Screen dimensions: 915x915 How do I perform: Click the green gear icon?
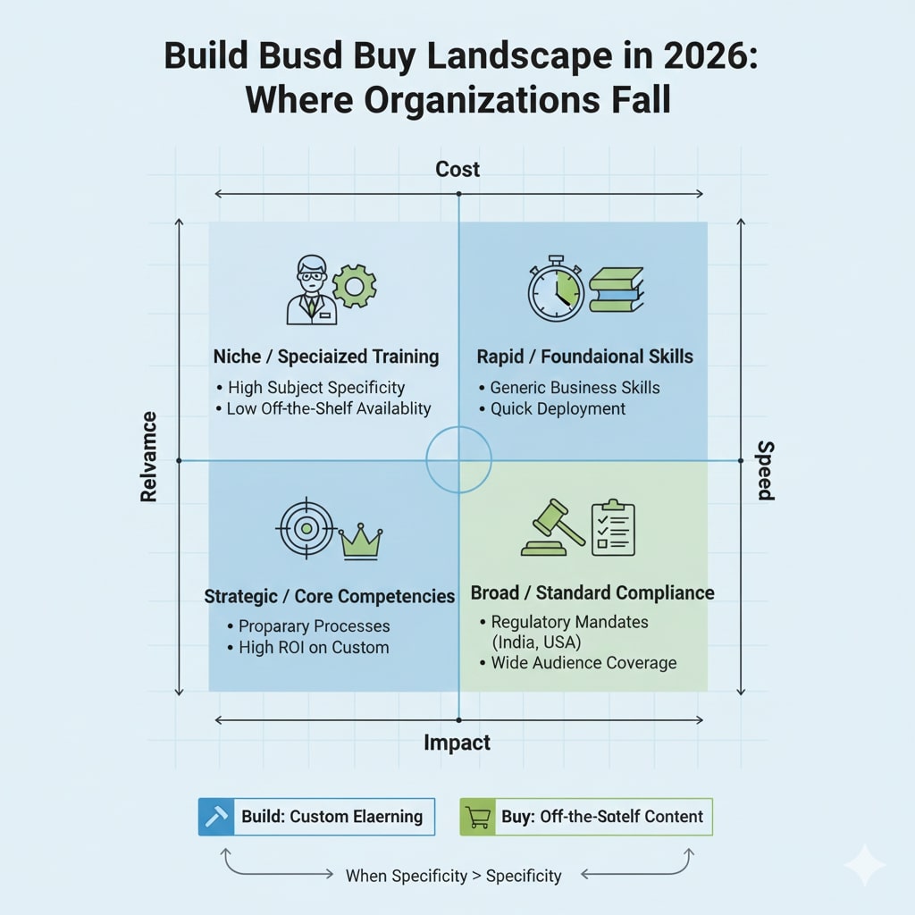(x=354, y=286)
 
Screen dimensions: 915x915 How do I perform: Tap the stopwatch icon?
(x=556, y=290)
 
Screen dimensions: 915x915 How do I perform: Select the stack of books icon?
(x=616, y=290)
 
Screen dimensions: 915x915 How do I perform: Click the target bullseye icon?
(x=306, y=528)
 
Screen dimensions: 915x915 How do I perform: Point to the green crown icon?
(x=360, y=541)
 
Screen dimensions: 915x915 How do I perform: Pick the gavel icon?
(x=551, y=528)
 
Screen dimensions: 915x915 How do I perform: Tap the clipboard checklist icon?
(x=613, y=527)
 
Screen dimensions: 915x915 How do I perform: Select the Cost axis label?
(x=457, y=169)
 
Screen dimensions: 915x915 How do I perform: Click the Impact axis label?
(x=457, y=743)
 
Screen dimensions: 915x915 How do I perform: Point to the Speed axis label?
(x=766, y=471)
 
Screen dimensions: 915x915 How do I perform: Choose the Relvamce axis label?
(x=149, y=457)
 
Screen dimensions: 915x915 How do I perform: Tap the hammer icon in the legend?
(x=215, y=817)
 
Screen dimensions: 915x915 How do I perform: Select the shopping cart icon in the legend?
(x=477, y=817)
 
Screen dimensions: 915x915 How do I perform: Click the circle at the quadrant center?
(x=458, y=459)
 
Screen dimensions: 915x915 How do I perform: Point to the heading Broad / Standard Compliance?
(x=592, y=593)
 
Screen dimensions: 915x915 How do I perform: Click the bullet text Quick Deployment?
(x=558, y=408)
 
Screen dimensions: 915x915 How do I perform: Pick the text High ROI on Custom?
(x=313, y=647)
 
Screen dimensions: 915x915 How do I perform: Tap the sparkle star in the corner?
(x=864, y=865)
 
